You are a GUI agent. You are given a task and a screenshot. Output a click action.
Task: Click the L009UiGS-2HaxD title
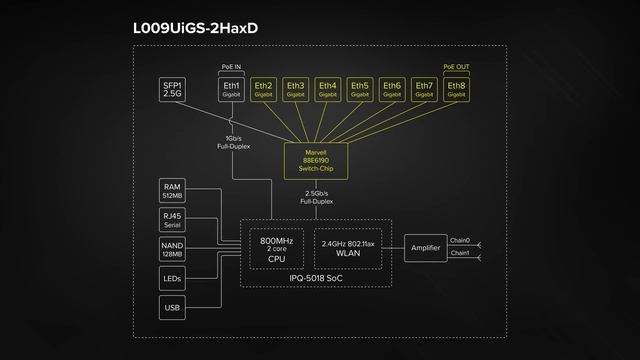tap(195, 28)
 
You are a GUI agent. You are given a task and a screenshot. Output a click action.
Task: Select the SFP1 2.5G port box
tap(173, 90)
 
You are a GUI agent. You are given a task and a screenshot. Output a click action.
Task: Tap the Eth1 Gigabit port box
tap(232, 90)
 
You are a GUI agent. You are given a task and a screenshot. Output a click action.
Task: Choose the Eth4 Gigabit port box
tap(327, 90)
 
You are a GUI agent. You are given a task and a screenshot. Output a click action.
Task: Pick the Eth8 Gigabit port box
tap(456, 90)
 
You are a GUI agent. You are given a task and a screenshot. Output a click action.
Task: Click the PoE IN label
tap(232, 68)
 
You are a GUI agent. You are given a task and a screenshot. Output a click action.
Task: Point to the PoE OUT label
tap(456, 68)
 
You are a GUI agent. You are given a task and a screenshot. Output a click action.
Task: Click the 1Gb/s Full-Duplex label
tap(232, 141)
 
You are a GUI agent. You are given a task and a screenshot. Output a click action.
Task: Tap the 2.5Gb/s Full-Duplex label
tap(316, 197)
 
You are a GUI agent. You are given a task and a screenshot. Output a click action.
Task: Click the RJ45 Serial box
tap(173, 219)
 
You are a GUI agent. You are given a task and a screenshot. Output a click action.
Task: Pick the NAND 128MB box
tap(173, 249)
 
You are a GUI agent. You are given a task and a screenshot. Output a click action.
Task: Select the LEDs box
tap(173, 279)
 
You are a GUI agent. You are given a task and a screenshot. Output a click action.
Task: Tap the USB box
tap(173, 309)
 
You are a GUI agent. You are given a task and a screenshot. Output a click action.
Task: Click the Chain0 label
tap(460, 241)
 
